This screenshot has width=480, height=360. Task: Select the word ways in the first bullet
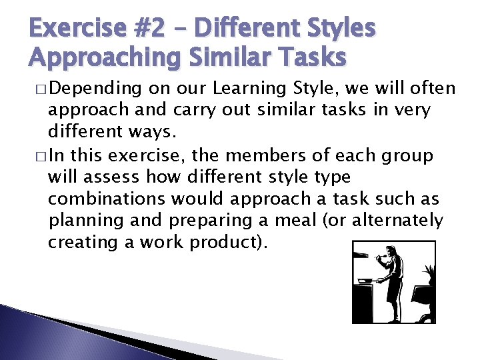[x=141, y=132]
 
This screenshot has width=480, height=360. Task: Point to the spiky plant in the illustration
[x=427, y=274]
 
